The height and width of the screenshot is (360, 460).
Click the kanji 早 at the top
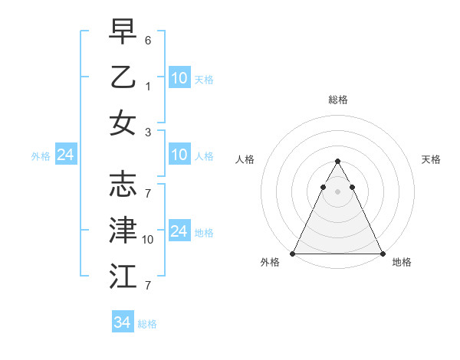123,33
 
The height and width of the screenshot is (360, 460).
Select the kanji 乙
123,77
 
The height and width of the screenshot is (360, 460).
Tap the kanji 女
123,123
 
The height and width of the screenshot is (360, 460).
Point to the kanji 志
123,185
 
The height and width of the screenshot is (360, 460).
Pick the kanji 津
123,230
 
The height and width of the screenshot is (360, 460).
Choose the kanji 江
123,274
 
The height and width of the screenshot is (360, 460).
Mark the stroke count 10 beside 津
149,239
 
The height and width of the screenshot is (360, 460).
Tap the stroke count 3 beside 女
148,132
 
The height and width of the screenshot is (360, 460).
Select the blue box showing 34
123,322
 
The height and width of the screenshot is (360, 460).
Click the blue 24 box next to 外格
65,155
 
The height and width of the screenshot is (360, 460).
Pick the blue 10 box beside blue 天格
179,77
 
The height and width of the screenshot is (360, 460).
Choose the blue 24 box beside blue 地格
179,231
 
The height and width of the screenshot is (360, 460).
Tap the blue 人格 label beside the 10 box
204,155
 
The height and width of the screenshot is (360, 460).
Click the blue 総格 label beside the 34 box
147,324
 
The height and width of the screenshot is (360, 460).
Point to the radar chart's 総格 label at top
337,100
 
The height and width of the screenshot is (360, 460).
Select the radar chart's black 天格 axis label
431,159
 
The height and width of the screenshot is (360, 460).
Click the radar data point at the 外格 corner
293,254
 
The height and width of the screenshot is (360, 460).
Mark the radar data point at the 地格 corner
382,254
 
